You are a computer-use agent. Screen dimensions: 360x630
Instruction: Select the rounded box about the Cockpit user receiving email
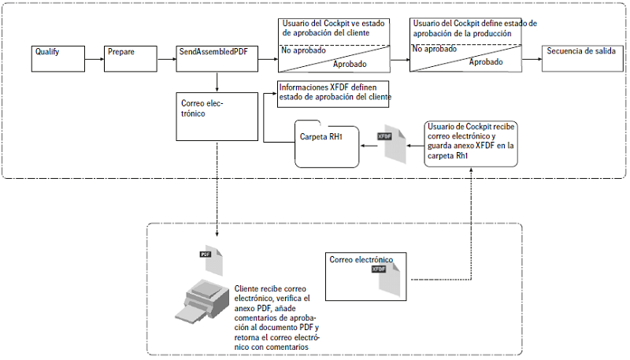pyautogui.click(x=471, y=143)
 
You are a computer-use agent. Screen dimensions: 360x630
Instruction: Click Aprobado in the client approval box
pyautogui.click(x=349, y=63)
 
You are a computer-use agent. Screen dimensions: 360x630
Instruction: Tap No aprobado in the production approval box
pyautogui.click(x=435, y=49)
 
